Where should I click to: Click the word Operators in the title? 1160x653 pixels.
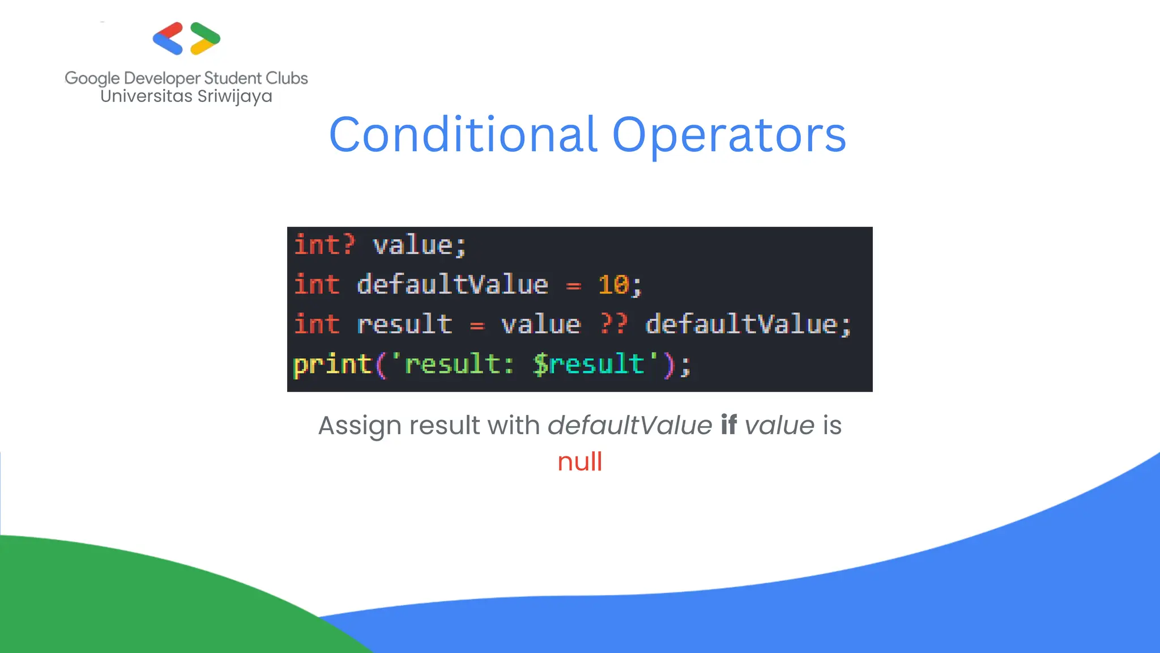729,135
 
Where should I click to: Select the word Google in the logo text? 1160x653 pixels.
92,78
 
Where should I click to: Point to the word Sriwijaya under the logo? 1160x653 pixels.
234,96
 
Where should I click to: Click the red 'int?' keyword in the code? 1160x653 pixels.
324,245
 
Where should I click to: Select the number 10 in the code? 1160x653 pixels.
613,285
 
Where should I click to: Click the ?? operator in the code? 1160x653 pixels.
614,324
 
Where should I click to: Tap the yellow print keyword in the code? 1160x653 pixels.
332,364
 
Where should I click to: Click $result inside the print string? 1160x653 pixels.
589,364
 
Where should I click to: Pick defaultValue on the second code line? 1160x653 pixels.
453,285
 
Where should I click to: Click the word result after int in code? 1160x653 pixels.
404,324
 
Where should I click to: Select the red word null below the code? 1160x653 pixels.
579,461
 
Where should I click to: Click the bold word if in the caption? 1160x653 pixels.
728,425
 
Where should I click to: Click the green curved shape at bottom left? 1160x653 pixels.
113,601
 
